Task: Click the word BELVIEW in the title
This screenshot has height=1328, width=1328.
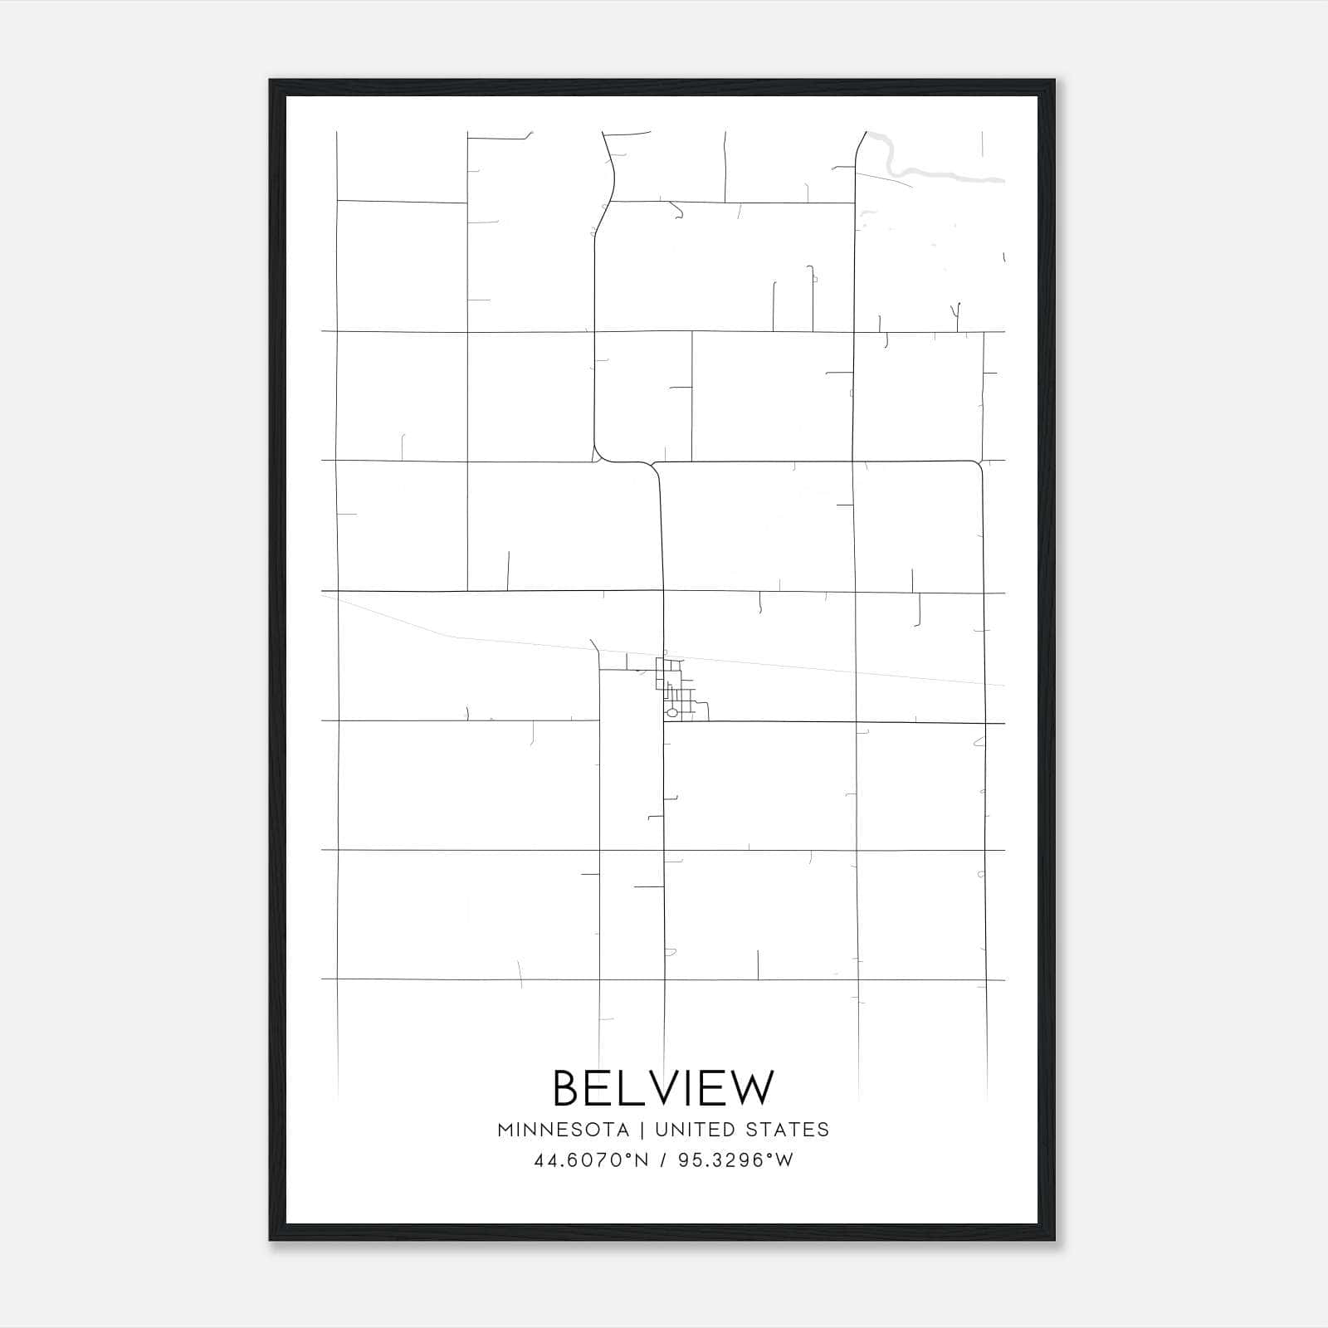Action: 662,1088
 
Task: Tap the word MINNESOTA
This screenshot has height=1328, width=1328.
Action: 563,1130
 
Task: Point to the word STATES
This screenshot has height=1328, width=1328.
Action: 787,1130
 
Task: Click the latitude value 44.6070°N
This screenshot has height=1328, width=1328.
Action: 591,1160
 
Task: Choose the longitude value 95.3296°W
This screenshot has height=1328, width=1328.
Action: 735,1160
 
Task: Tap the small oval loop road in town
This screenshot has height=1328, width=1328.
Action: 672,713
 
